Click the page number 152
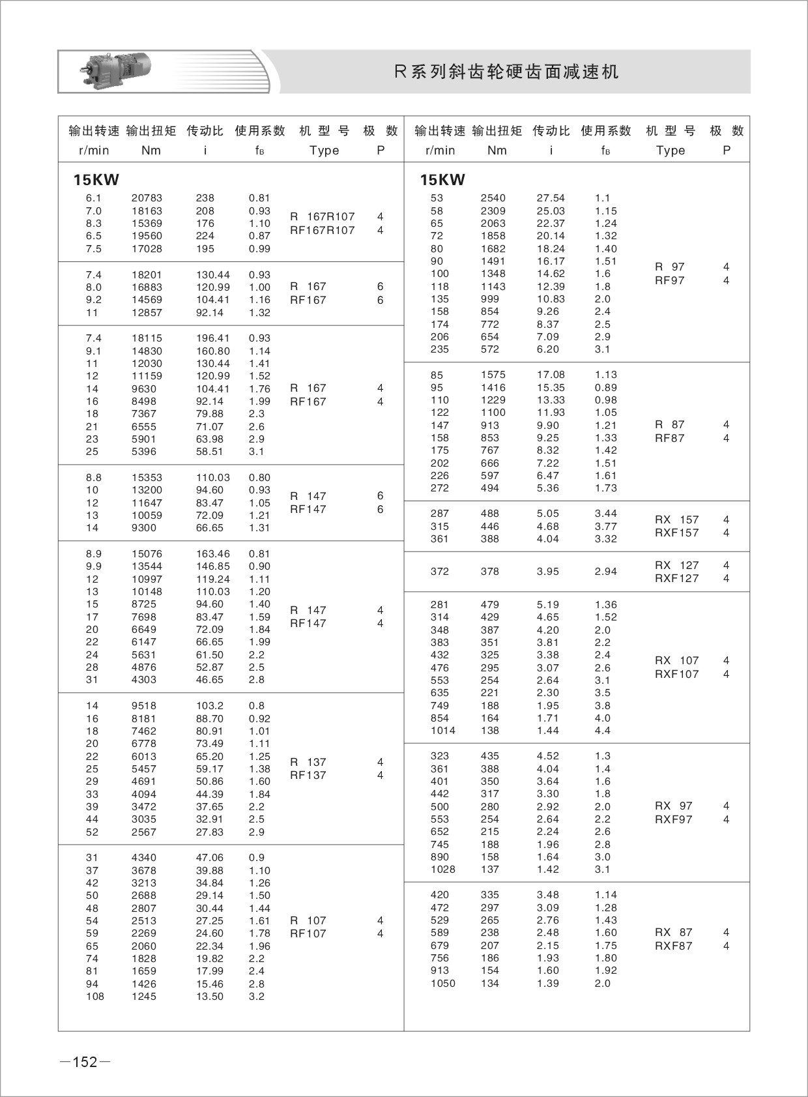pos(85,1062)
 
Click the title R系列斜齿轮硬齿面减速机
pos(507,72)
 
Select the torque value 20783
pos(147,198)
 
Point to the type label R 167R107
pos(323,216)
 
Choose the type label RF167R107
pos(323,230)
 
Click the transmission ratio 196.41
pos(213,338)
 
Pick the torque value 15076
pos(147,554)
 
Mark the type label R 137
pos(308,762)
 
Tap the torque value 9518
pos(144,706)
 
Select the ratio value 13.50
pos(210,997)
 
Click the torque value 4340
pos(144,858)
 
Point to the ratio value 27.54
pos(551,198)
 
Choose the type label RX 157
pos(676,519)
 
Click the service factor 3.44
pos(606,514)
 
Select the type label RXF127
pos(676,578)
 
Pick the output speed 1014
pos(443,731)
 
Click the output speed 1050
pos(443,984)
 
